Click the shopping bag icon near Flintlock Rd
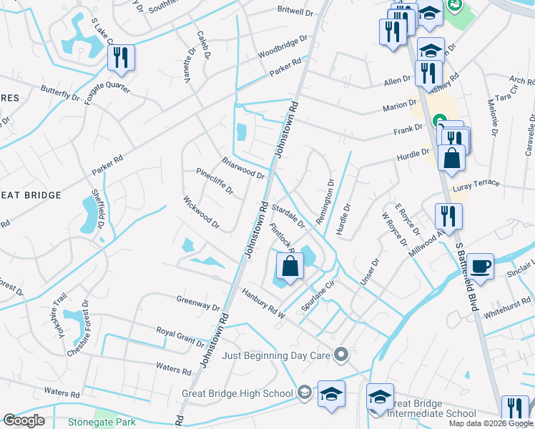pyautogui.click(x=290, y=267)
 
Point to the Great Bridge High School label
pyautogui.click(x=237, y=393)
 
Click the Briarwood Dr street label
pyautogui.click(x=243, y=168)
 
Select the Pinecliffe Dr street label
pyautogui.click(x=215, y=181)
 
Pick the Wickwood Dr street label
pyautogui.click(x=200, y=213)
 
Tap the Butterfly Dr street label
pyautogui.click(x=60, y=94)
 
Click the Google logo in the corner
pyautogui.click(x=24, y=420)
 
